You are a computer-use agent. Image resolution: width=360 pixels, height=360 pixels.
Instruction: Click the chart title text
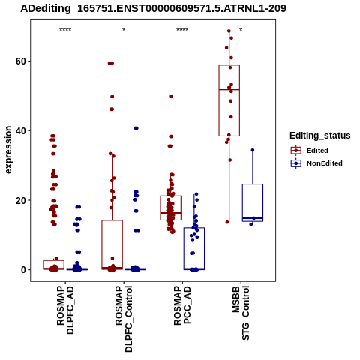[x=153, y=9]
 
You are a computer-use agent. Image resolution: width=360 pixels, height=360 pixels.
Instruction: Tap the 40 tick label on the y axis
[x=21, y=130]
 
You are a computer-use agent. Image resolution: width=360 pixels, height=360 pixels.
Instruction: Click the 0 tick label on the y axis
[x=24, y=270]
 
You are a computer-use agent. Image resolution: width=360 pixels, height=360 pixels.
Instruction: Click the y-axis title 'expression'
[x=8, y=150]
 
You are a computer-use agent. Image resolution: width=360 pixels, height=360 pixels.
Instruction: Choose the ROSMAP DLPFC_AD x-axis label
[x=65, y=310]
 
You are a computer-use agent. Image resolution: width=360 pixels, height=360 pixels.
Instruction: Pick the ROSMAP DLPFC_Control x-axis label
[x=124, y=319]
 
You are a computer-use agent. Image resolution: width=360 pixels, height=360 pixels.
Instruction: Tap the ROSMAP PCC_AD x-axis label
[x=182, y=305]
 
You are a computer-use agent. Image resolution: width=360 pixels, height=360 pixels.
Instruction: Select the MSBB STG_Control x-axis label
[x=241, y=313]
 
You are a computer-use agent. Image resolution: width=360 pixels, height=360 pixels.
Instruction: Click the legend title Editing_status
[x=320, y=136]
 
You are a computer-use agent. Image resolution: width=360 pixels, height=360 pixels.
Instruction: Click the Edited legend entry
[x=310, y=151]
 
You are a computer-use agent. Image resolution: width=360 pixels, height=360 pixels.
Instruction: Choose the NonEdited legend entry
[x=316, y=163]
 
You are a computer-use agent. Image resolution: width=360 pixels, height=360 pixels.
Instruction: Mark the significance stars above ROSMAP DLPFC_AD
[x=65, y=30]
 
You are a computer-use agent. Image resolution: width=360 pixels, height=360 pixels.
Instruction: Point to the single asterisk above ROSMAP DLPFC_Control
[x=124, y=30]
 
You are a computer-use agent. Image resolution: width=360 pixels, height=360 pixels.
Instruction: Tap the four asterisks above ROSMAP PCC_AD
[x=182, y=30]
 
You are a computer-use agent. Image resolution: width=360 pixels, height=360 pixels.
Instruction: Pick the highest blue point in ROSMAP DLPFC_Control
[x=136, y=128]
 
